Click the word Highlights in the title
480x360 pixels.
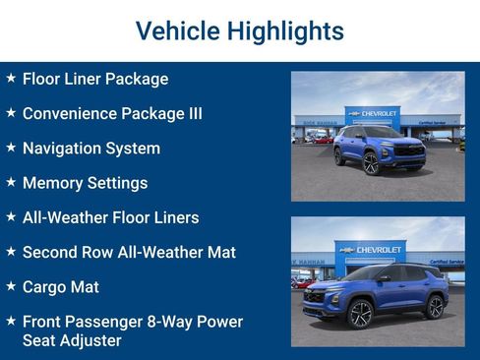(x=285, y=31)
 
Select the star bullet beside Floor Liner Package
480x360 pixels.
(x=11, y=78)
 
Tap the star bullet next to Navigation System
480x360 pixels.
(x=11, y=148)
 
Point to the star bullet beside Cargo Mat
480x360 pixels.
(x=11, y=286)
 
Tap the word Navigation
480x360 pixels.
(x=65, y=149)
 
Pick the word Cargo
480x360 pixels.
(x=46, y=287)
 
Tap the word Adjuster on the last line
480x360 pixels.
(x=91, y=340)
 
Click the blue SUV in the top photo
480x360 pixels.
(x=379, y=148)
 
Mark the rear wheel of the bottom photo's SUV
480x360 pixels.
(x=435, y=307)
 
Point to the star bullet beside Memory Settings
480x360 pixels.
(x=11, y=182)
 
